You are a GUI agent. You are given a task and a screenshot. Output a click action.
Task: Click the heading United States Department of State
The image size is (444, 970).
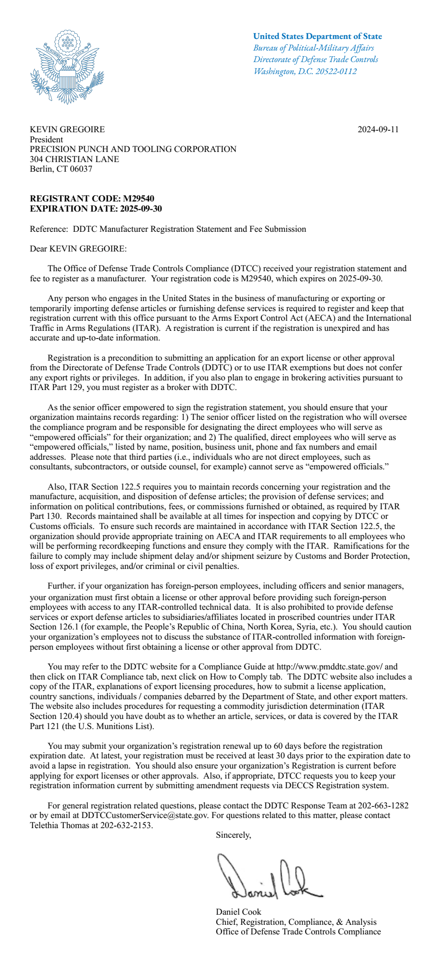317,36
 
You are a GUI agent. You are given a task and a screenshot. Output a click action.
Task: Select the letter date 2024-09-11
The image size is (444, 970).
378,129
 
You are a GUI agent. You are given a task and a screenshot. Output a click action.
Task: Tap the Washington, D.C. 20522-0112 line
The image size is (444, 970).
305,71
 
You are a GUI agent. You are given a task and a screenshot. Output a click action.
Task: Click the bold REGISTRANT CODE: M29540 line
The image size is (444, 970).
92,199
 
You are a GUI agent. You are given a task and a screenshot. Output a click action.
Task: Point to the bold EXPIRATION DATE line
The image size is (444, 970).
96,209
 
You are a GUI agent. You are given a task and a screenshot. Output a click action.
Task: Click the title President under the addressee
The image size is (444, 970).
46,139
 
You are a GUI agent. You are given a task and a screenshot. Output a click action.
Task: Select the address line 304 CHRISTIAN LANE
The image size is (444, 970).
74,159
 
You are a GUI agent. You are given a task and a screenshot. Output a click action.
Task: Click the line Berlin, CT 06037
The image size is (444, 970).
61,169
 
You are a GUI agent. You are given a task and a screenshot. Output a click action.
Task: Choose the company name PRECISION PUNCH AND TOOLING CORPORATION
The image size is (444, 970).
133,149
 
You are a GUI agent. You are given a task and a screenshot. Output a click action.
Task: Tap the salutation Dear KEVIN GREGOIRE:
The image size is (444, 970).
78,249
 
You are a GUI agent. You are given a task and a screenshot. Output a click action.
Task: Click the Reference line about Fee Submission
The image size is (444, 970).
168,229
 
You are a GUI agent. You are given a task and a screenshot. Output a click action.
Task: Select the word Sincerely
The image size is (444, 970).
233,835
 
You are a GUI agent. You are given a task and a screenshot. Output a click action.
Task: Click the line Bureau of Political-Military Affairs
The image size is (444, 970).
313,48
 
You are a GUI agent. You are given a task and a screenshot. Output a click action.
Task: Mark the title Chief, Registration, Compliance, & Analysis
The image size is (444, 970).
296,922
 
